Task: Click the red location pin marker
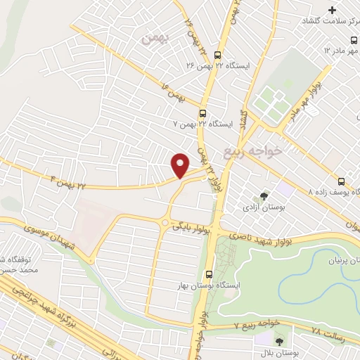[180, 165]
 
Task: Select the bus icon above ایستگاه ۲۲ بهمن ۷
[202, 112]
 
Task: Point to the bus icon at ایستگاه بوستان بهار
[208, 275]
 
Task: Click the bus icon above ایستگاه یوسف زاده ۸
[340, 180]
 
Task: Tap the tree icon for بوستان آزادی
[264, 196]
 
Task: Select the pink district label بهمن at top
[154, 39]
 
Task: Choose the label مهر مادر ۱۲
[340, 51]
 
